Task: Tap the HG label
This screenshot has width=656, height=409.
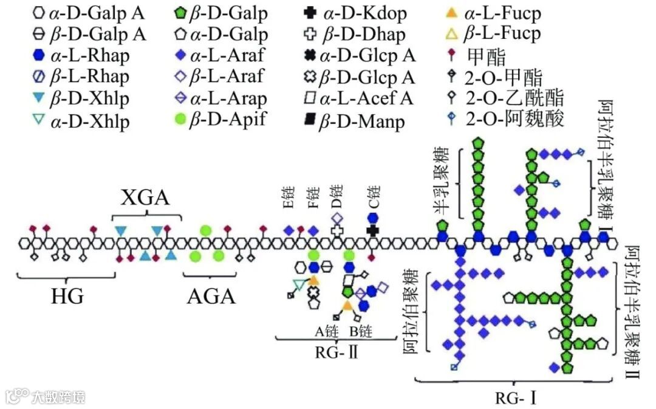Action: tap(67, 297)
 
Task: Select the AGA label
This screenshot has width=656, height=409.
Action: tap(211, 297)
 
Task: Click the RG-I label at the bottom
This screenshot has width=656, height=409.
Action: tap(516, 399)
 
